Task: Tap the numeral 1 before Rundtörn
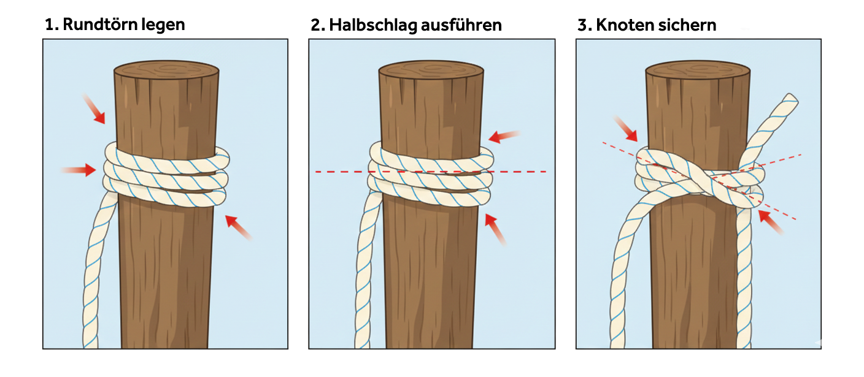49,25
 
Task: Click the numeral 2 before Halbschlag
316,25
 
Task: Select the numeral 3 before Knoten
582,25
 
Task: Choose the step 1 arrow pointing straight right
78,170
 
